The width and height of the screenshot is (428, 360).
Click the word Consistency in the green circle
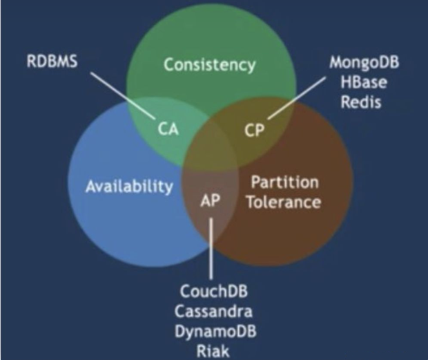(x=209, y=66)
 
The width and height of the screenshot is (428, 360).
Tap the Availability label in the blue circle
(x=129, y=186)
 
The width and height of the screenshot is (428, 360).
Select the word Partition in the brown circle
(x=284, y=182)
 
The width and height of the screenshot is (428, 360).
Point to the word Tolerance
(x=285, y=202)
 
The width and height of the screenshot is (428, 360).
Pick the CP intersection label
(x=255, y=131)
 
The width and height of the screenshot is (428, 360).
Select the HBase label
(x=364, y=82)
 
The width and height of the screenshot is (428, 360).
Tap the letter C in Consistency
(x=168, y=66)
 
